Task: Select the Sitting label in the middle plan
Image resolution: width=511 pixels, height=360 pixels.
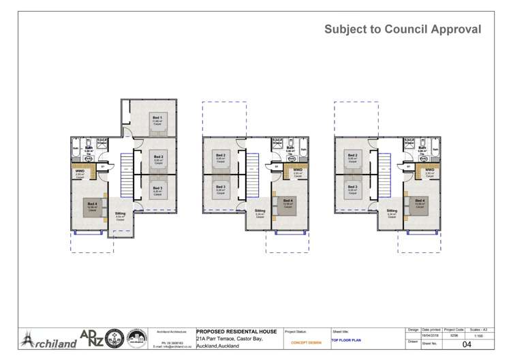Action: [260, 211]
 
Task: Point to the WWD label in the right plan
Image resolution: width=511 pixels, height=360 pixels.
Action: [429, 170]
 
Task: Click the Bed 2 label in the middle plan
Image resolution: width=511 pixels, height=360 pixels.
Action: [220, 155]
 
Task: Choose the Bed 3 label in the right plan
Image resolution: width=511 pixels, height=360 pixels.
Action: [352, 187]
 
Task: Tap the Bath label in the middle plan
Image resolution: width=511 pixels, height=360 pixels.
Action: [290, 148]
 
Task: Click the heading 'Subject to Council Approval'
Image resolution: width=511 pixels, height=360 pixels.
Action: [403, 29]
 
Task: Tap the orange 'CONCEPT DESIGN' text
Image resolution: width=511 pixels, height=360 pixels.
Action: [306, 342]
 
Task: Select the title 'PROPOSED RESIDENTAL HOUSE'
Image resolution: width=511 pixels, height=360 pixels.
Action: [236, 331]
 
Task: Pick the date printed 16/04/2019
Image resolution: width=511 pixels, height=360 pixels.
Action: [431, 336]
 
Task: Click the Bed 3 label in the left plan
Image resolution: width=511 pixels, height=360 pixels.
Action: [157, 188]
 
